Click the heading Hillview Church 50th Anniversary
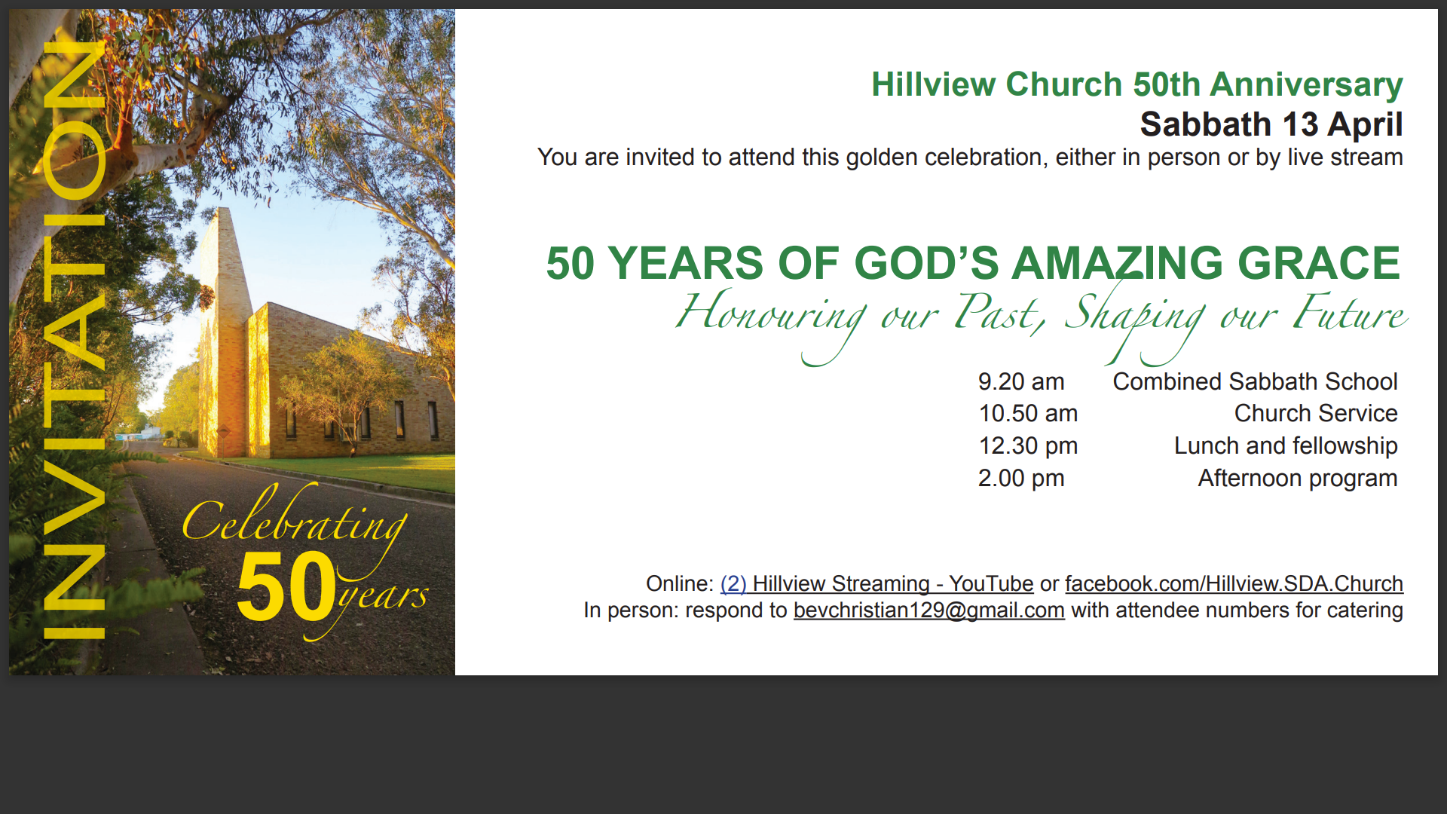(1136, 84)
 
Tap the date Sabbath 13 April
(1271, 124)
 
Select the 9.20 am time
(1021, 381)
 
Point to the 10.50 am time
(1028, 413)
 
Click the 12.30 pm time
(1028, 445)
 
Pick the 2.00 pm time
(1021, 478)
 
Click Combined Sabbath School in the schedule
(1255, 381)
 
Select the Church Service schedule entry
(1316, 413)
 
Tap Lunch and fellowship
(1286, 445)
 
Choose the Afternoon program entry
(1298, 479)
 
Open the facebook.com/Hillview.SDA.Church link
(1234, 583)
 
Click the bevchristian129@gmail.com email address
(929, 610)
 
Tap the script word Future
(1350, 313)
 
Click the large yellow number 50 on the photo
(286, 586)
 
